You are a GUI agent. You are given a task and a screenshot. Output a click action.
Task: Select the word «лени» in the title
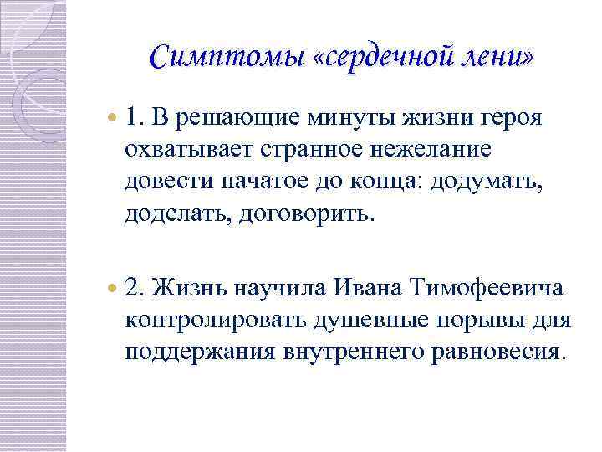(502, 57)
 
